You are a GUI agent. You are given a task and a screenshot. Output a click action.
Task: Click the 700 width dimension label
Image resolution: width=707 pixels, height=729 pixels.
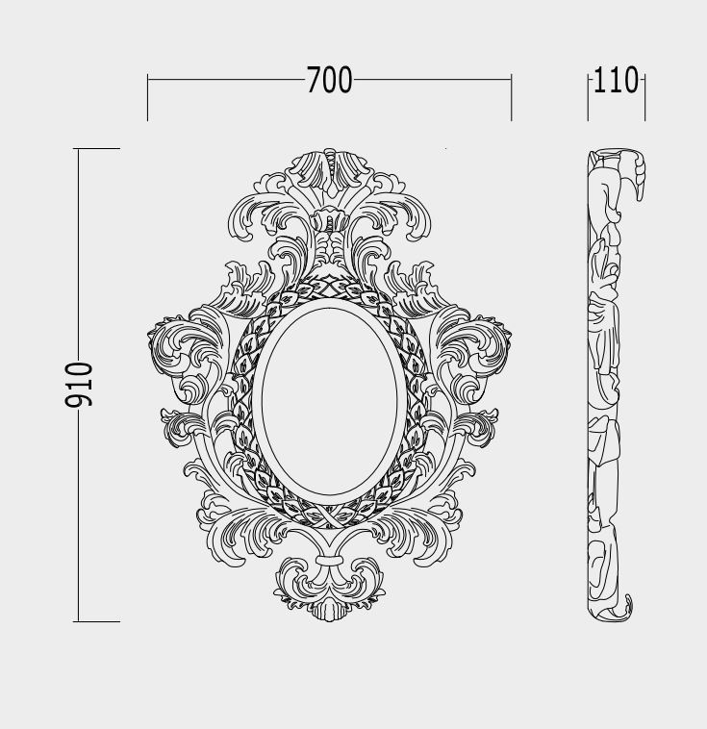[x=329, y=80]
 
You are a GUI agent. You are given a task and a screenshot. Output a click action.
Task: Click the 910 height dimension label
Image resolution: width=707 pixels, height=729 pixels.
[x=79, y=385]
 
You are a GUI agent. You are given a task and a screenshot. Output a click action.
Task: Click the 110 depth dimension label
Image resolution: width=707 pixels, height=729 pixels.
[x=617, y=80]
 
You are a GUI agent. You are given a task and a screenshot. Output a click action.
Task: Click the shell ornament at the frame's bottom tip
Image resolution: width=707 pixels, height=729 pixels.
[x=329, y=611]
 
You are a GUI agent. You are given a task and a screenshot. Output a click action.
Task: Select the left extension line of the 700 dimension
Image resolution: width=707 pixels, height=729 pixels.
[x=147, y=97]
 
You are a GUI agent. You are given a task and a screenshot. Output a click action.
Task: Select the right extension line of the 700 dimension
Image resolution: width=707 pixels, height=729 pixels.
[x=511, y=97]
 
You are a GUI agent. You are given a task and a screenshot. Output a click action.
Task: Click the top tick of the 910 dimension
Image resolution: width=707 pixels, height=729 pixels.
[x=97, y=149]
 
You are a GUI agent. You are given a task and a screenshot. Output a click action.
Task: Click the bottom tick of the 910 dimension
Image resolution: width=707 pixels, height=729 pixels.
[x=97, y=621]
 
